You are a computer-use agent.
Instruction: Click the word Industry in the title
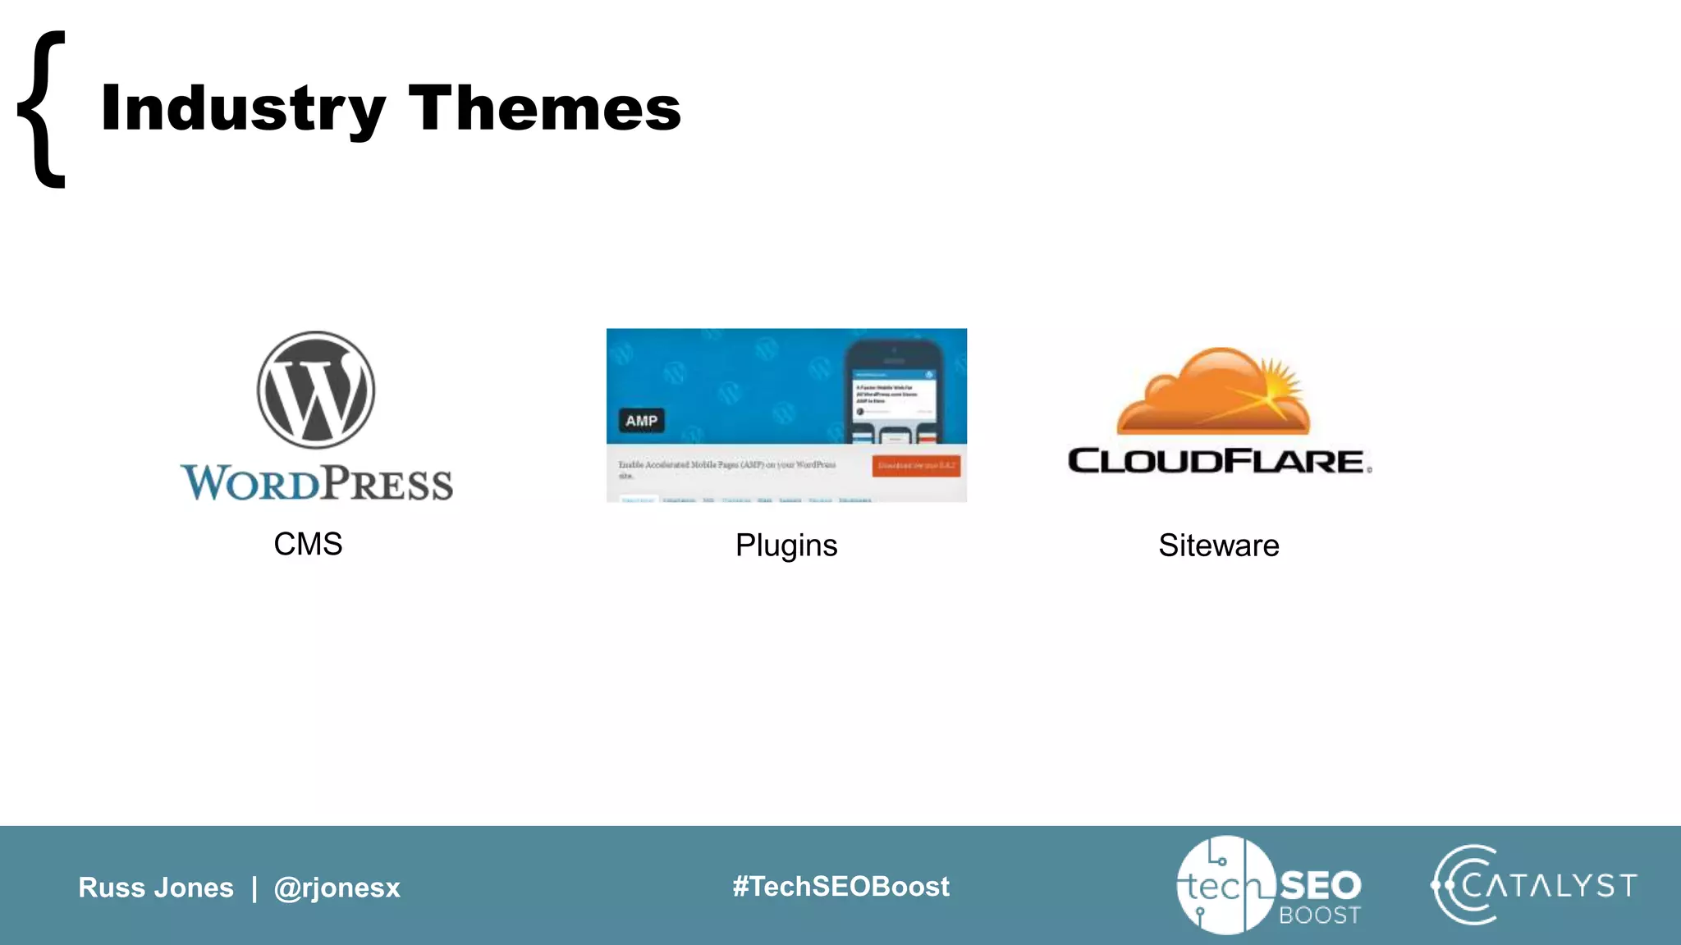tap(243, 108)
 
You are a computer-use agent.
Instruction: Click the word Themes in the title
tap(544, 108)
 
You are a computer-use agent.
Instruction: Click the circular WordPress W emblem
tap(316, 390)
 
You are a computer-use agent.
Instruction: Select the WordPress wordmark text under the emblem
tap(317, 482)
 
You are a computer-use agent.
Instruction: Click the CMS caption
tap(308, 544)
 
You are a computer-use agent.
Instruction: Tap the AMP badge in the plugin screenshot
tap(641, 421)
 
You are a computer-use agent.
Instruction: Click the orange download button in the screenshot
tap(916, 465)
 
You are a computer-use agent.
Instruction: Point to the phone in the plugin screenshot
tap(894, 390)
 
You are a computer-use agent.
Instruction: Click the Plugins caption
tap(786, 546)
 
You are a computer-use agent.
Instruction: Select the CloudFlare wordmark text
tap(1216, 461)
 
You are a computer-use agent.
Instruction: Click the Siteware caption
tap(1219, 546)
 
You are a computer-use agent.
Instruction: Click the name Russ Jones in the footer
tap(156, 888)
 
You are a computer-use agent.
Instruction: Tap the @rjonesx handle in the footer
tap(337, 888)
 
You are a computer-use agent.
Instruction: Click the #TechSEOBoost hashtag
tap(840, 886)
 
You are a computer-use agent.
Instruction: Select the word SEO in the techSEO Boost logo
tap(1320, 885)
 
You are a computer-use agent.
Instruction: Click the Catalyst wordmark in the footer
tap(1550, 886)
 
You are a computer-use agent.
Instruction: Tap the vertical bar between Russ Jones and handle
tap(254, 888)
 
